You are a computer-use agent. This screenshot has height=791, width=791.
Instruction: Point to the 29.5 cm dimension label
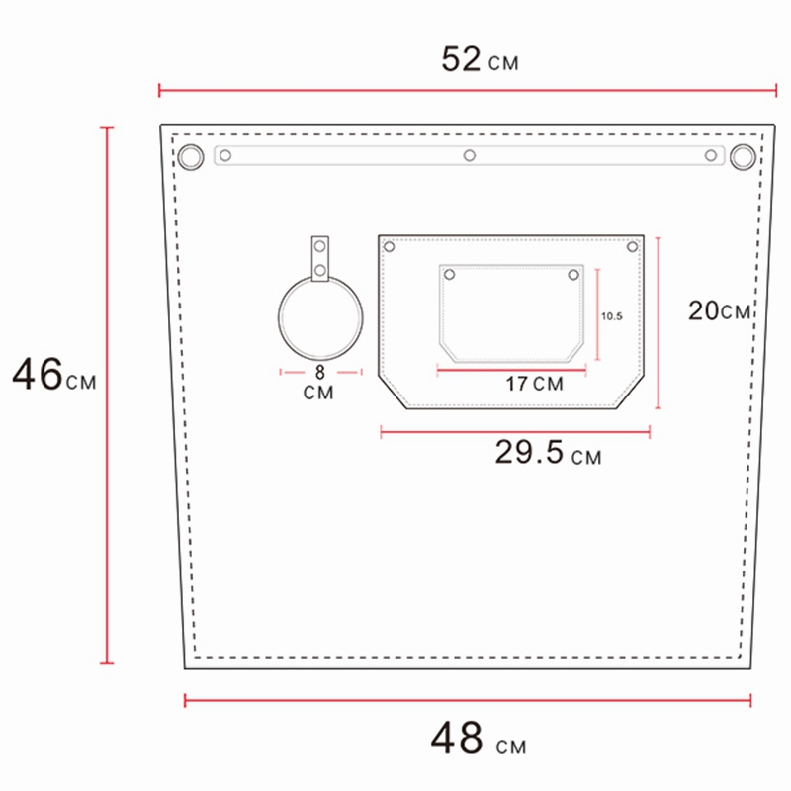(x=547, y=454)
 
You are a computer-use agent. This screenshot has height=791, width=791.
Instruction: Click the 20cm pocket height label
(x=720, y=311)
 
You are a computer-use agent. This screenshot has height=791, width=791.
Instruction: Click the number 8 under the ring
(x=318, y=374)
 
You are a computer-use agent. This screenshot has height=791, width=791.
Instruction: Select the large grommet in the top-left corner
(x=189, y=156)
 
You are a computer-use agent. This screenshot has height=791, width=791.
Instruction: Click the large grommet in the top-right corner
(x=743, y=156)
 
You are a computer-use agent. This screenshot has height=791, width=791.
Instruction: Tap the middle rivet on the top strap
(x=470, y=155)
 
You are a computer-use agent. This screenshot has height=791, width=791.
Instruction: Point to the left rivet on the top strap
(x=225, y=155)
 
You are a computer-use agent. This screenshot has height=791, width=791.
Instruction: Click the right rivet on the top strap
(x=710, y=155)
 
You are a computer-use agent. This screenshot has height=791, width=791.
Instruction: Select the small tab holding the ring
(x=319, y=259)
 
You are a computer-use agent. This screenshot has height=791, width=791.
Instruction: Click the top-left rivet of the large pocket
(x=389, y=246)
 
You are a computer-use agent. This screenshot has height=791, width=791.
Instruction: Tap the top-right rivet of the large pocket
(x=633, y=246)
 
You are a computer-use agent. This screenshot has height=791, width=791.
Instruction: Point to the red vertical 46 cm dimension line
(x=108, y=395)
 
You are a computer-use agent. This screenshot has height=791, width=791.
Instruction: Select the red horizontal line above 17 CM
(x=511, y=371)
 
